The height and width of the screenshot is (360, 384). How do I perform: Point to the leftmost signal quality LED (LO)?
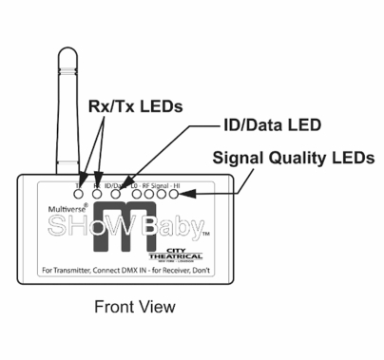pos(138,194)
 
